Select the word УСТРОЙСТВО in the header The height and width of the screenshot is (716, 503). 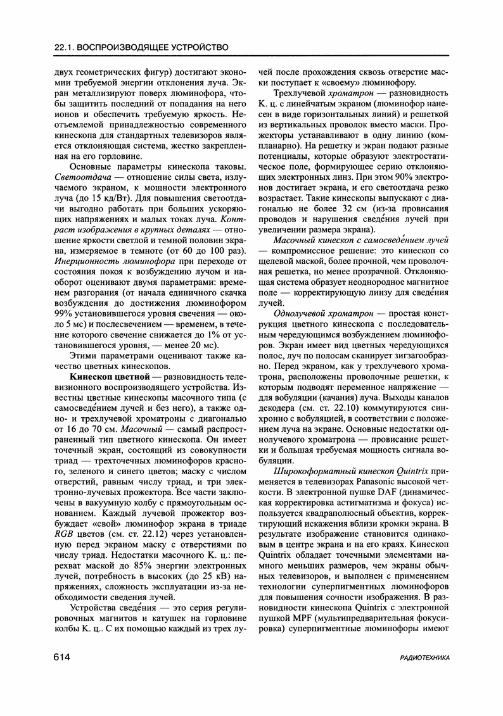tap(193, 47)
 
